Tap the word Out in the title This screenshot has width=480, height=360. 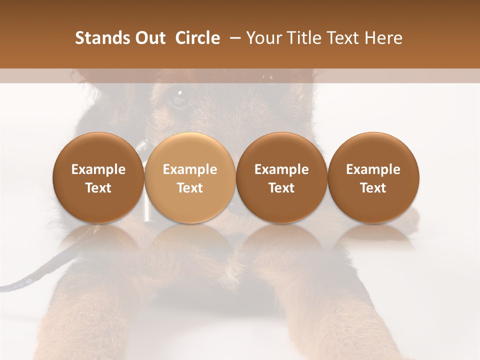coord(149,38)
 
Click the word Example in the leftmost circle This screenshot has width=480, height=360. coord(98,169)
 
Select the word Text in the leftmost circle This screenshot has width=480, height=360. coord(98,188)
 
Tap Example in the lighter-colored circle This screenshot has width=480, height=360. coord(190,169)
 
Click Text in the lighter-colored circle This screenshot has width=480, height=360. coord(190,188)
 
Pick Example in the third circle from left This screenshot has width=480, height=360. coord(281,169)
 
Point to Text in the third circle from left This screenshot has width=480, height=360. coord(281,188)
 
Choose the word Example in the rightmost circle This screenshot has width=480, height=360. coord(373,169)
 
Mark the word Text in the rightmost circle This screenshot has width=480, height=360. coord(373,188)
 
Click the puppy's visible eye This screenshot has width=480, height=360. coord(178,97)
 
